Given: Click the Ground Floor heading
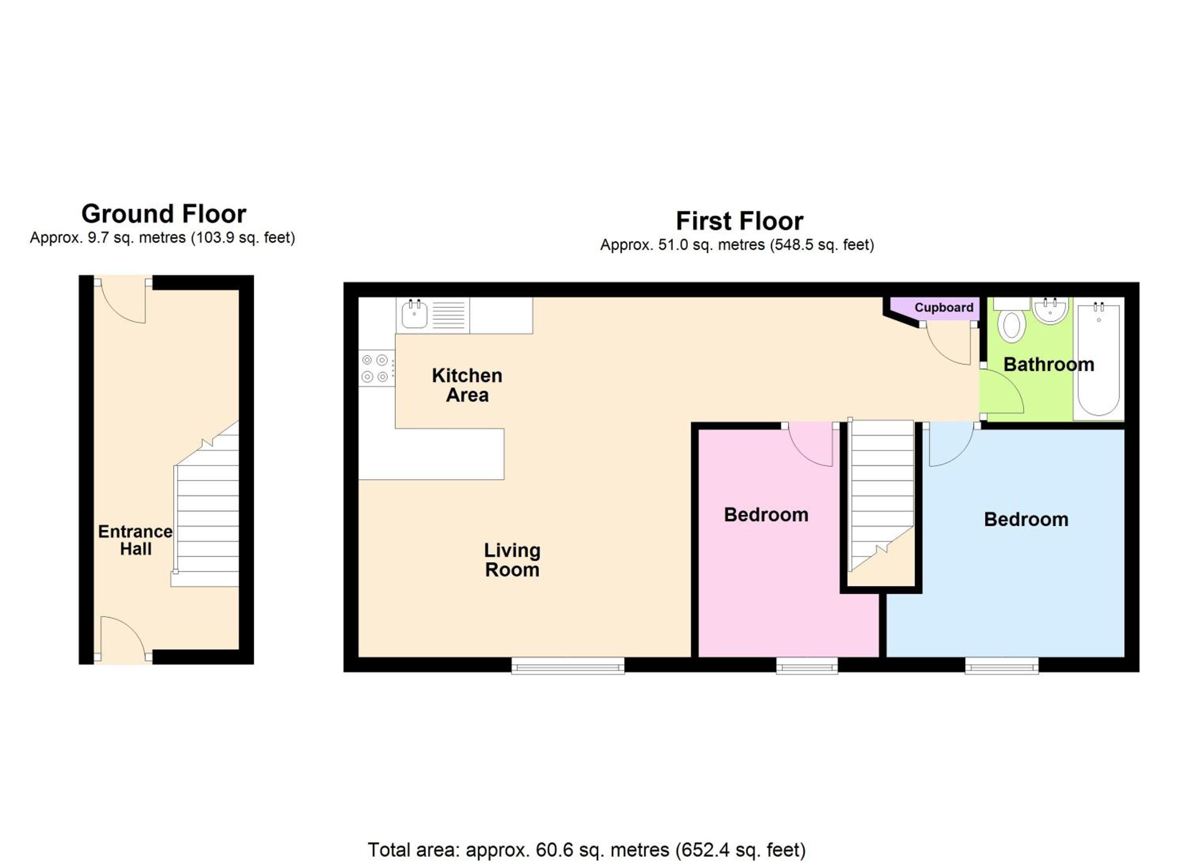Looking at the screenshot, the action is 164,214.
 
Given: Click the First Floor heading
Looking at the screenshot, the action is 740,221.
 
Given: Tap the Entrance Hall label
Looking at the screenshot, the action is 136,540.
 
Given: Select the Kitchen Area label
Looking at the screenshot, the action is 467,385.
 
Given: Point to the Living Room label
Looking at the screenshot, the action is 512,560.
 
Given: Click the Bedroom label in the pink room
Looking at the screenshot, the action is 766,515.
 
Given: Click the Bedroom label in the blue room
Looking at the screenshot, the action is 1026,519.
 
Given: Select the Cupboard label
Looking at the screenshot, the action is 944,308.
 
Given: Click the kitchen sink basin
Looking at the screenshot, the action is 415,315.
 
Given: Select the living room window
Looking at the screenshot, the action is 568,665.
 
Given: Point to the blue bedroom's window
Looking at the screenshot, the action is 1002,665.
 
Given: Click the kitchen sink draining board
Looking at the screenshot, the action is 449,315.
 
